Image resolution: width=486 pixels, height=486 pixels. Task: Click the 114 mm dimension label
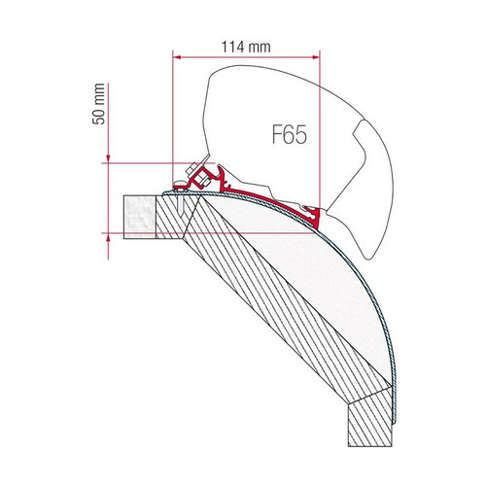(x=246, y=47)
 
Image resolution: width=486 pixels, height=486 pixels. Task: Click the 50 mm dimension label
(x=98, y=104)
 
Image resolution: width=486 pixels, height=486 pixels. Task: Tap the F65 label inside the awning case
(x=289, y=135)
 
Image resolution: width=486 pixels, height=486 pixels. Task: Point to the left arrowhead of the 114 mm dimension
(x=177, y=57)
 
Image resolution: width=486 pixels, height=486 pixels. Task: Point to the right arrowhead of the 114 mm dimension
(x=316, y=57)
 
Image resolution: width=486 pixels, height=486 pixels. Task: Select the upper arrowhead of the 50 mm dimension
(x=108, y=158)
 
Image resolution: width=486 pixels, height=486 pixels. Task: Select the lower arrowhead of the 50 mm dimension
(x=108, y=237)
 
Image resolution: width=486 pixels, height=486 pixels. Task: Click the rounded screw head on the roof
(x=179, y=185)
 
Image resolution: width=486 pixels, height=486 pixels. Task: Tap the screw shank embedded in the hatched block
(x=181, y=203)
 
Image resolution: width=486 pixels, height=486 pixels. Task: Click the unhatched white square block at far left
(x=140, y=217)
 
